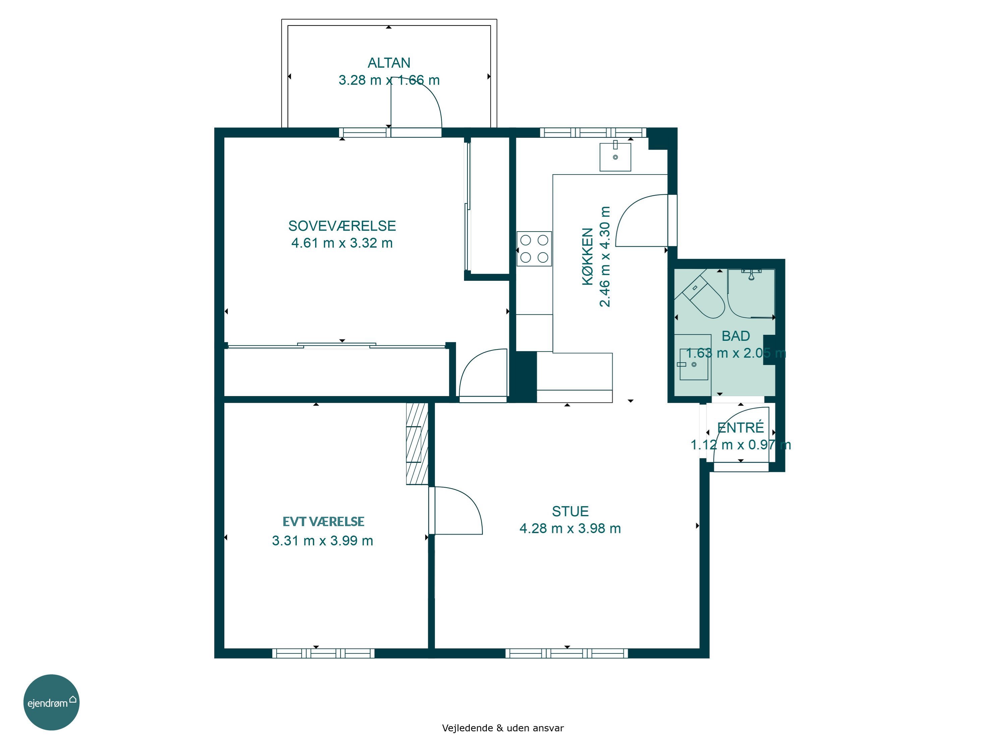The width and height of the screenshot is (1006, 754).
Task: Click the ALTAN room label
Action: [389, 63]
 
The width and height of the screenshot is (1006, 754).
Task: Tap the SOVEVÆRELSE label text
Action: [342, 226]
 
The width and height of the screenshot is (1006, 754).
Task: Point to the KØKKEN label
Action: [588, 256]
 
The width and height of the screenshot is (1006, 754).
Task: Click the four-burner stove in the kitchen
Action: [534, 249]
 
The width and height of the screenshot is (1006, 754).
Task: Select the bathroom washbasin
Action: [693, 364]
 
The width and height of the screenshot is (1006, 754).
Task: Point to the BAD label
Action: [735, 336]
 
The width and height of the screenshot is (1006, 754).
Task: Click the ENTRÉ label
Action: [740, 427]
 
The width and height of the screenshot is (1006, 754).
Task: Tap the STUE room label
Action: [570, 511]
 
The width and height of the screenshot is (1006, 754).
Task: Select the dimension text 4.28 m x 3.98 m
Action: [570, 528]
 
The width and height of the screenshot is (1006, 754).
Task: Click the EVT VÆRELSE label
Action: [323, 521]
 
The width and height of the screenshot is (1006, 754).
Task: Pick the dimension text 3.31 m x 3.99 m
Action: [323, 541]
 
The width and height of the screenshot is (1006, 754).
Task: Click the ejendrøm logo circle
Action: [51, 702]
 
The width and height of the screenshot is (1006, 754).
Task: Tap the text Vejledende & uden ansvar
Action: [503, 728]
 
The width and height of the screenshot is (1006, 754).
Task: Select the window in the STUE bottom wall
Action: [567, 653]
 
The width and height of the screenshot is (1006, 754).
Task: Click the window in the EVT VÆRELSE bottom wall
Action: [323, 653]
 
